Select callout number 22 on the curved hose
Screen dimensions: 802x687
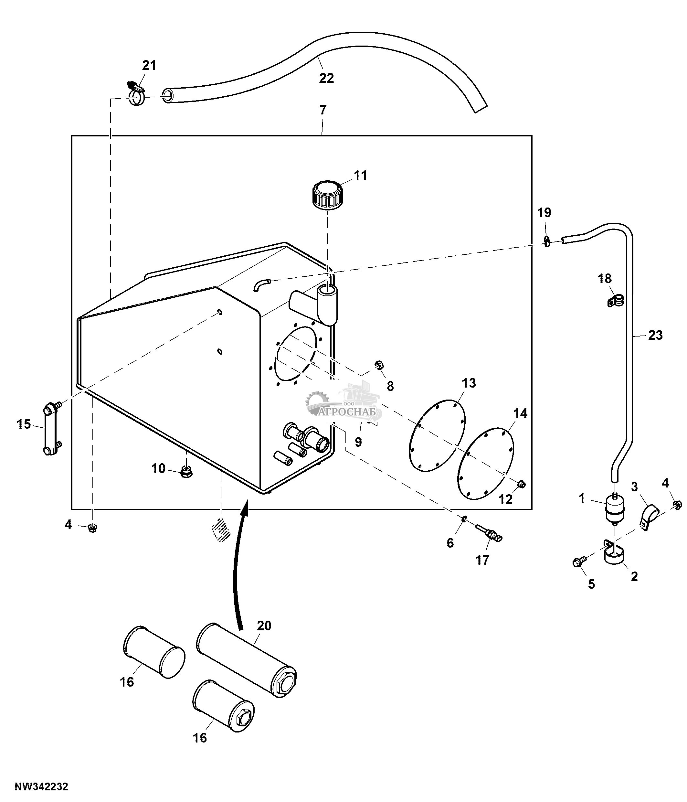coord(326,78)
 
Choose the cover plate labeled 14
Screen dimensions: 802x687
coord(485,464)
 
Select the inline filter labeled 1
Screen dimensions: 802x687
coord(614,508)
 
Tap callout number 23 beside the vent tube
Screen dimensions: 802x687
coord(655,335)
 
